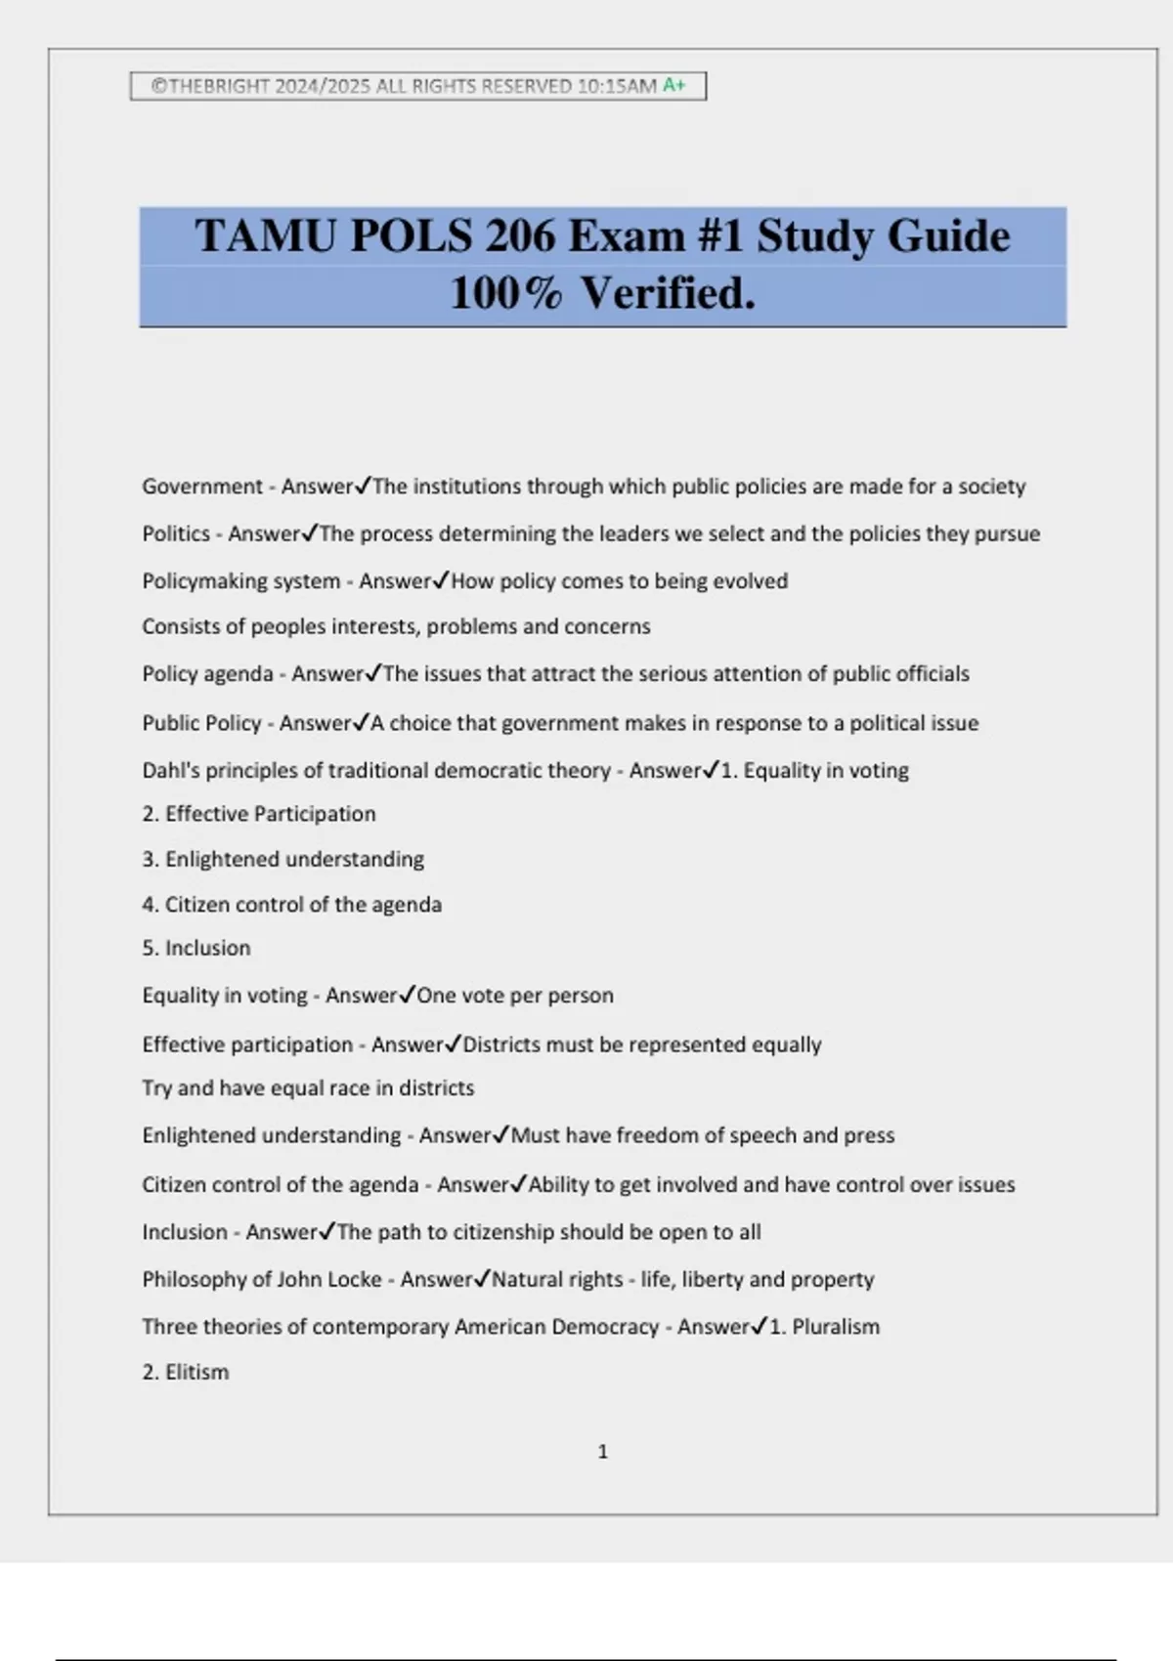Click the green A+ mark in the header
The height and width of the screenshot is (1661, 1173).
pos(673,85)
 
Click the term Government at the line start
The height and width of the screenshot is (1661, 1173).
pos(202,487)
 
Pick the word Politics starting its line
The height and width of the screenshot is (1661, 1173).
pos(176,533)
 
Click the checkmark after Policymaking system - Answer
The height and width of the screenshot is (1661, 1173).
pos(441,580)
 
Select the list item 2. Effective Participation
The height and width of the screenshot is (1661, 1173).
pos(259,814)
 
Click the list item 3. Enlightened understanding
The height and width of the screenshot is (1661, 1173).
pos(283,859)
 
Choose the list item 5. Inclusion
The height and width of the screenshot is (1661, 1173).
pos(196,948)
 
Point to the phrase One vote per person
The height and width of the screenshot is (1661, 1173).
pos(515,996)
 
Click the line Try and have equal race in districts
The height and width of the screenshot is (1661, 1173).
pos(308,1088)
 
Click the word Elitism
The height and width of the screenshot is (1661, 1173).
pos(196,1372)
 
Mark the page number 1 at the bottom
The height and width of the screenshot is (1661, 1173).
pos(602,1452)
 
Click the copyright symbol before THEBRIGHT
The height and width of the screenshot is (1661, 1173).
pos(158,86)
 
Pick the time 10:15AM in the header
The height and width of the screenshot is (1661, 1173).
pos(617,86)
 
